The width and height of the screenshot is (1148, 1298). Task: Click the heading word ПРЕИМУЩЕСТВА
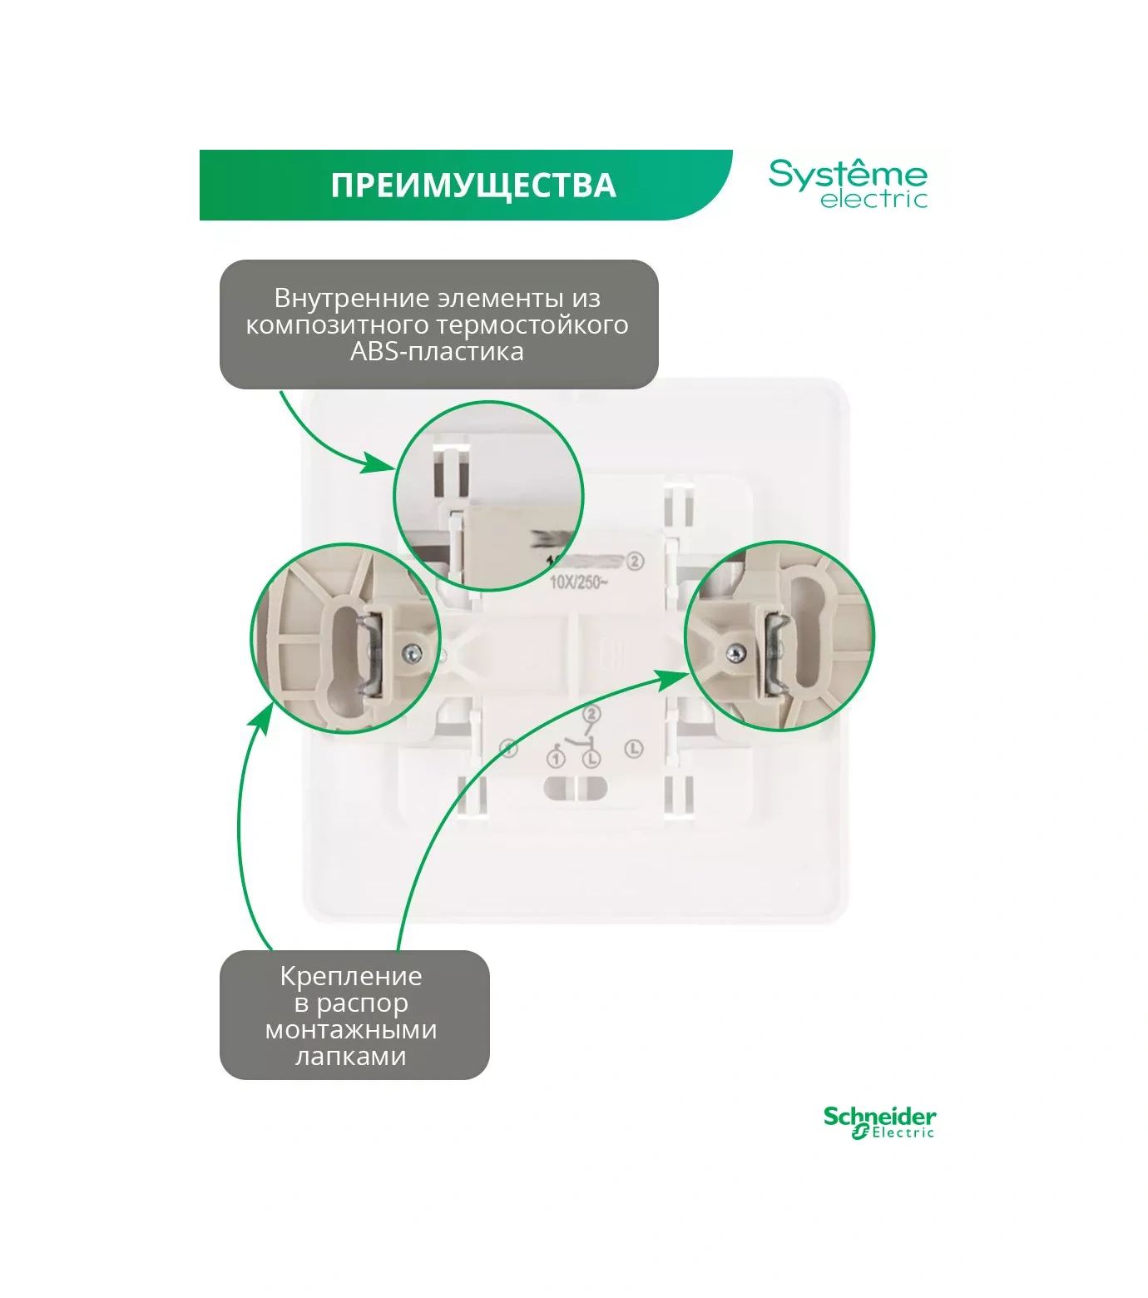click(x=473, y=186)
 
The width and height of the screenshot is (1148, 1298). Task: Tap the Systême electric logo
click(x=848, y=184)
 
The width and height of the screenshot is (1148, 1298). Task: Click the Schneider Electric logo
click(x=879, y=1122)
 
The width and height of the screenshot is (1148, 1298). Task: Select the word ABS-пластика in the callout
click(x=437, y=351)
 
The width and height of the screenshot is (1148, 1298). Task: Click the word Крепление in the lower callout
click(x=351, y=976)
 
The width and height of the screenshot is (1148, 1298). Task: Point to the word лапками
click(x=351, y=1057)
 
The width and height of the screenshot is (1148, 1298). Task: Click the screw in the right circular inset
click(x=735, y=655)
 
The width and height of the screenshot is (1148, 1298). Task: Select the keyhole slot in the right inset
click(x=804, y=632)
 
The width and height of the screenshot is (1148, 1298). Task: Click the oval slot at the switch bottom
click(x=576, y=787)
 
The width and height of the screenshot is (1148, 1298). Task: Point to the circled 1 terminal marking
click(x=556, y=759)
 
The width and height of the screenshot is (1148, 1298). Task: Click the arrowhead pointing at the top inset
click(x=379, y=463)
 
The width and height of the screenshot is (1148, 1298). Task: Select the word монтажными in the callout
click(x=351, y=1030)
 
